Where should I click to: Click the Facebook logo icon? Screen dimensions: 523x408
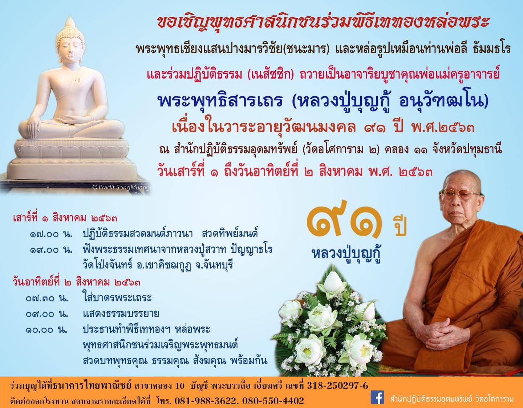coord(377,399)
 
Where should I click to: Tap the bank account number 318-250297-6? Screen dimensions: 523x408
coord(337,386)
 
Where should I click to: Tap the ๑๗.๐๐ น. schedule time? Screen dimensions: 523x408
coord(51,234)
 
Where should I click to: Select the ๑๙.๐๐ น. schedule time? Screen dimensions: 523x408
coord(51,250)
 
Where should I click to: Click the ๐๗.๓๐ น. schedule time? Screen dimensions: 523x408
coord(47,298)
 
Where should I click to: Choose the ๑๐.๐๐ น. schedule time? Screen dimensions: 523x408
coord(46,330)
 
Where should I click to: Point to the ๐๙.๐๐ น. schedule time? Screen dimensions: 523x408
coord(47,314)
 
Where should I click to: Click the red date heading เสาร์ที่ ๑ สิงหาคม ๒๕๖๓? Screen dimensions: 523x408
coord(65,218)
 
